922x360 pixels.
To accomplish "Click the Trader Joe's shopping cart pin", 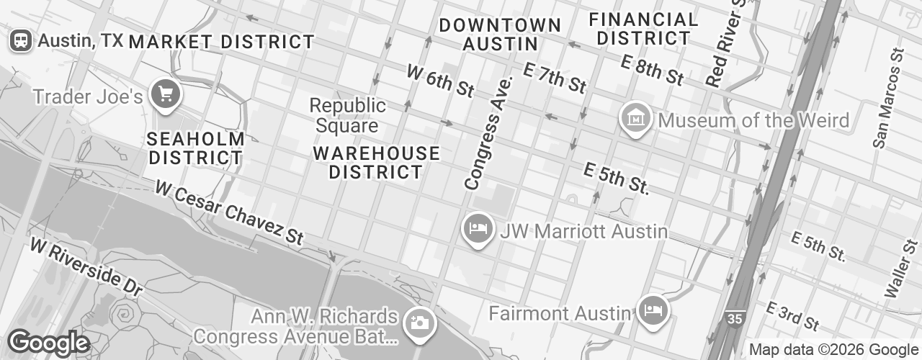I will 166,94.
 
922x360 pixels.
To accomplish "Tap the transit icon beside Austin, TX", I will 19,40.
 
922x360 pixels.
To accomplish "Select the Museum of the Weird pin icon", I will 636,117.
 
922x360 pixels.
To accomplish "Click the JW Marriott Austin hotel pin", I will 476,229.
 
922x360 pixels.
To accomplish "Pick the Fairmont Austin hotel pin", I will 653,310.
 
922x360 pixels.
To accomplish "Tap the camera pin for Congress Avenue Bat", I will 418,322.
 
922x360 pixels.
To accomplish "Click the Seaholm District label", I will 195,148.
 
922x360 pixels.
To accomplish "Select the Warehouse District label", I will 376,163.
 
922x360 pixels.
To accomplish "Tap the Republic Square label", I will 347,116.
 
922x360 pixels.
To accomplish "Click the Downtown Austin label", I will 500,35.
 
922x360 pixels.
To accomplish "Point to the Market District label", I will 221,42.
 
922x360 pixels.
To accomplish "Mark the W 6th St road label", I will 440,81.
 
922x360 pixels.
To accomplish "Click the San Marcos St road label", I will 887,98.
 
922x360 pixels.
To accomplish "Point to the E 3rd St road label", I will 793,315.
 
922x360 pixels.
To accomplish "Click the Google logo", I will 48,343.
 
